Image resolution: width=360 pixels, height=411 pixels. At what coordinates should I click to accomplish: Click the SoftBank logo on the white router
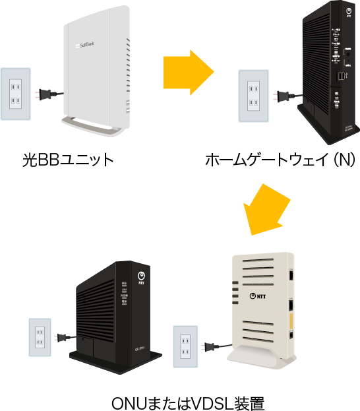click(x=86, y=46)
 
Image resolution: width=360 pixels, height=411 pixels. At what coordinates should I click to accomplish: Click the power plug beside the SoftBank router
click(x=44, y=94)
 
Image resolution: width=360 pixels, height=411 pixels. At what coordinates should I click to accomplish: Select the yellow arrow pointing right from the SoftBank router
click(x=189, y=72)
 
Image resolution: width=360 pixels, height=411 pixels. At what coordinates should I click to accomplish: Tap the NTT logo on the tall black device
click(x=348, y=13)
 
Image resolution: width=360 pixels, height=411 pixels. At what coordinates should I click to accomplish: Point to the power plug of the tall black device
click(x=284, y=96)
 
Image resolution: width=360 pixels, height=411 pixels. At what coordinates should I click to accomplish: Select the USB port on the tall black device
click(x=340, y=77)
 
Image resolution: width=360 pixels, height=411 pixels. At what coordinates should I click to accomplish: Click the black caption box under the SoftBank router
click(x=68, y=160)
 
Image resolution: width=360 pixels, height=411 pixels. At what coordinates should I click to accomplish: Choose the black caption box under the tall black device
click(x=279, y=160)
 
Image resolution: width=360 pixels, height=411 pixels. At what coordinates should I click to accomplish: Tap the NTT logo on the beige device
click(x=262, y=296)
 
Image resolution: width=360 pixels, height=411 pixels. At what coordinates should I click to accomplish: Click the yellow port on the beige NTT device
click(x=291, y=321)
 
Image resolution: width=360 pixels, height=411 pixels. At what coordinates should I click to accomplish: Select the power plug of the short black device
click(x=63, y=338)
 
